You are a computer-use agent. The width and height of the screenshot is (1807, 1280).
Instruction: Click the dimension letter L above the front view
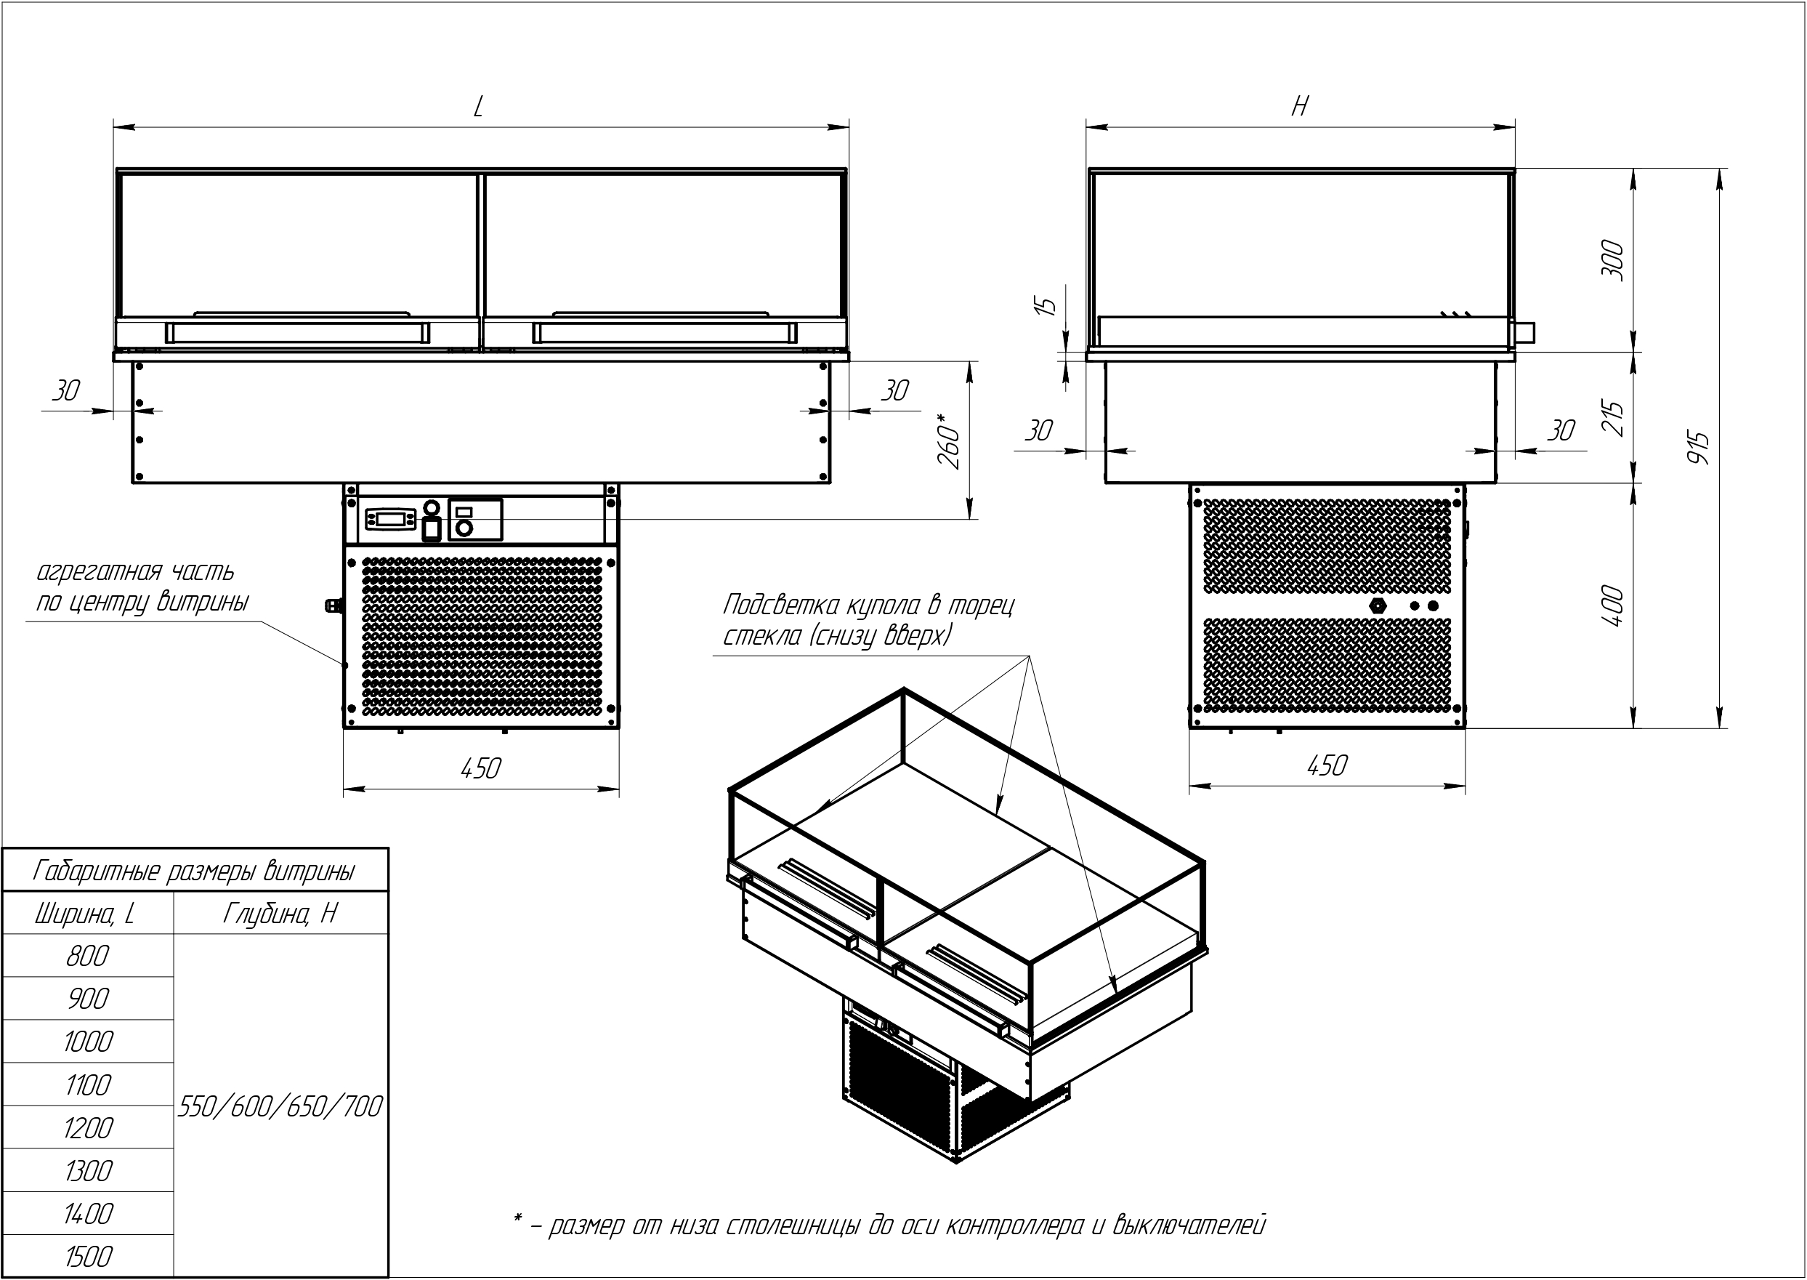[478, 106]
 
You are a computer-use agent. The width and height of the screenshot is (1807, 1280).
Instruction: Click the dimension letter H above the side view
[1300, 105]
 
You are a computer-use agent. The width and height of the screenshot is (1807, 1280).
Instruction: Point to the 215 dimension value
[1612, 418]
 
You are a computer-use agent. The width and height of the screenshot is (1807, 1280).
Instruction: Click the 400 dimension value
[1612, 605]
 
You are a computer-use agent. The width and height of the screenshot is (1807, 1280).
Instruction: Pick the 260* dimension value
[950, 441]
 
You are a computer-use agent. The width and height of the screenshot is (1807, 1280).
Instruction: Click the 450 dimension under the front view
[480, 768]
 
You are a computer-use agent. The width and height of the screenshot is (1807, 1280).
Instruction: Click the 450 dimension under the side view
[1327, 765]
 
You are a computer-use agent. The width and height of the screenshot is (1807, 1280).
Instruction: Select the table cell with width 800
[87, 956]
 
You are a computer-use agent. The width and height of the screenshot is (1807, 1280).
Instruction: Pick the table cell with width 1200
[87, 1128]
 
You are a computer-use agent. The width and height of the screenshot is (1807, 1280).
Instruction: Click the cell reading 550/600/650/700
[280, 1106]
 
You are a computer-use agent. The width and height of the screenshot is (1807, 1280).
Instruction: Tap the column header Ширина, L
[85, 914]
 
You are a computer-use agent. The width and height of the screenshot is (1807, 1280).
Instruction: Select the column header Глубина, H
[280, 914]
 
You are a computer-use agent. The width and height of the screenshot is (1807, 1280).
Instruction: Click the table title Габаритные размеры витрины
[195, 871]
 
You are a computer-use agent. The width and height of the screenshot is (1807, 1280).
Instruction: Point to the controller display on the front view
[390, 520]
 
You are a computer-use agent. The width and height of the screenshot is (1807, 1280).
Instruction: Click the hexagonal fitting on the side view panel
[1377, 605]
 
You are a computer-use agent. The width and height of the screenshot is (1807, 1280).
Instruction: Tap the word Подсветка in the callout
[781, 605]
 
